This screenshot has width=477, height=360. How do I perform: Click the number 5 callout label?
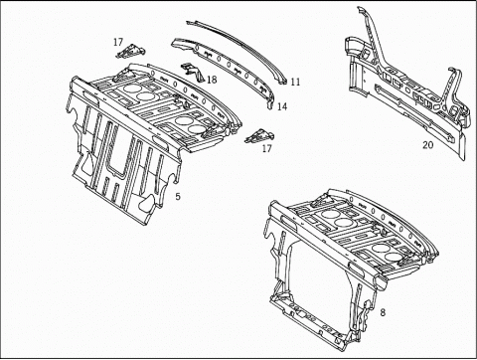click(178, 197)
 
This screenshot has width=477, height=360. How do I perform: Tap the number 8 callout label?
click(383, 312)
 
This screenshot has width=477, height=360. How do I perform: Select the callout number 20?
click(427, 145)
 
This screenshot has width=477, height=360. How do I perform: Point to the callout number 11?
click(295, 82)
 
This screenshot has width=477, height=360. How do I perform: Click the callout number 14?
click(282, 106)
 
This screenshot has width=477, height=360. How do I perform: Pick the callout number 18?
click(212, 80)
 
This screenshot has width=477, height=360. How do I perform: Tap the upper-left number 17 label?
click(118, 42)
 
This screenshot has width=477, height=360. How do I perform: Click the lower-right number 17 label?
click(266, 148)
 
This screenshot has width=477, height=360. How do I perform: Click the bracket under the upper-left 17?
click(130, 52)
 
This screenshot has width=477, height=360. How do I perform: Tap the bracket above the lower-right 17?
click(259, 136)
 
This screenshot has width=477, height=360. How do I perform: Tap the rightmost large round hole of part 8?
click(395, 257)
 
